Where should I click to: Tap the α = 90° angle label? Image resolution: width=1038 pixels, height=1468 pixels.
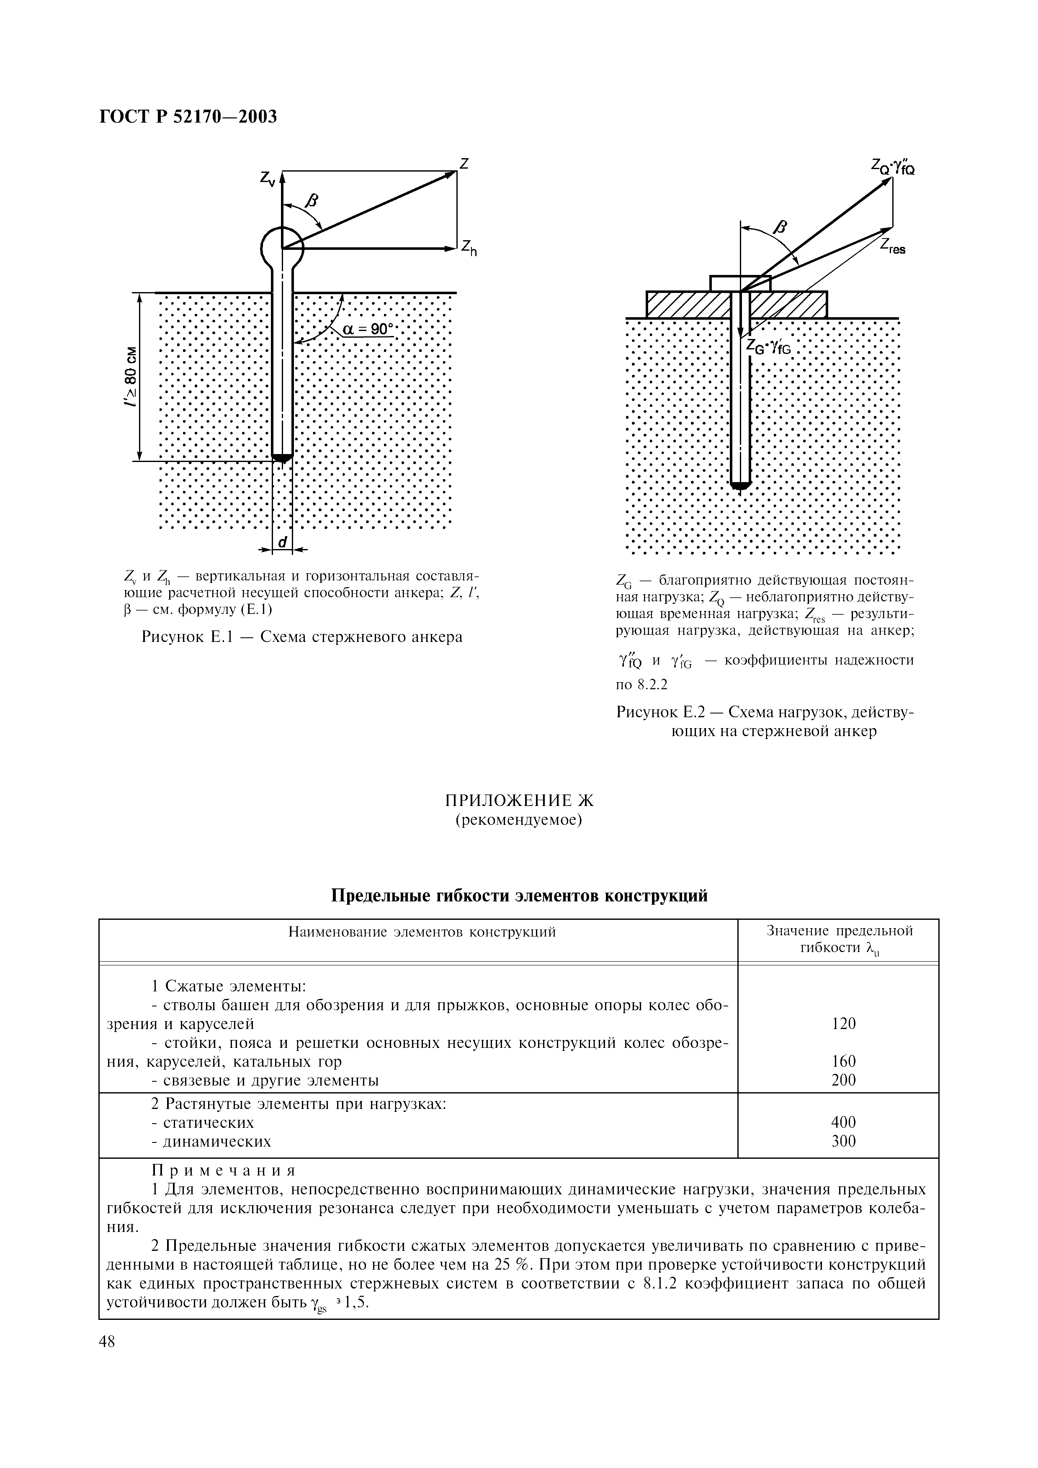pos(368,329)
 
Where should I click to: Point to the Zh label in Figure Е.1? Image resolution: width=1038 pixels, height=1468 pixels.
pos(469,248)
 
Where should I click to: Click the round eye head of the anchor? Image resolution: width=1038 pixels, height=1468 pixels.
pos(282,246)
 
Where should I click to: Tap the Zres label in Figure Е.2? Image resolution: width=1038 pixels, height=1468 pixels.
pos(892,246)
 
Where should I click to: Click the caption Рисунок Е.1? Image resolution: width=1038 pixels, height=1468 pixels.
pos(301,637)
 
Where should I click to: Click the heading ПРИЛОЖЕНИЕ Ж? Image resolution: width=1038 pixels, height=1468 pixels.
pos(519,801)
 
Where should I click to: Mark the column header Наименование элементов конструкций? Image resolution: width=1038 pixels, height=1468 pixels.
pos(422,932)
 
